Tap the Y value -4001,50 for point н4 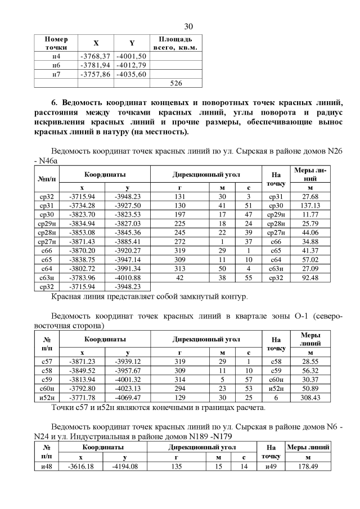click(x=131, y=56)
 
